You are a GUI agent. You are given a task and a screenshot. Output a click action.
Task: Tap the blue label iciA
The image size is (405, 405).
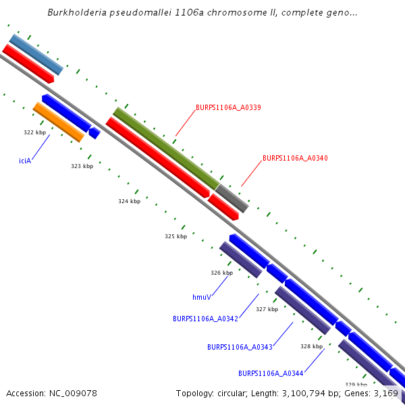[x=25, y=161]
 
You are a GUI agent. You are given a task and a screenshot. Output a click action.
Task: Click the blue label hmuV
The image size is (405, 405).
[x=202, y=296]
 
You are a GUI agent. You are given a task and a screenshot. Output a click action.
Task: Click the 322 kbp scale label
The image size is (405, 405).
[x=34, y=132]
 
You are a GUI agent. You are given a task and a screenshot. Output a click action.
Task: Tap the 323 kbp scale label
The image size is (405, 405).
[x=82, y=166]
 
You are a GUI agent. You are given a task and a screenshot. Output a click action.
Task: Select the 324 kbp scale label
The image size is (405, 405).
[x=129, y=201]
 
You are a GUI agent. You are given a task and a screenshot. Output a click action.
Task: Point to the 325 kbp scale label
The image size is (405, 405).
[x=175, y=236]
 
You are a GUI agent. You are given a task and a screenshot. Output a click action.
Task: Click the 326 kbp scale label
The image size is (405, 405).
[x=221, y=273]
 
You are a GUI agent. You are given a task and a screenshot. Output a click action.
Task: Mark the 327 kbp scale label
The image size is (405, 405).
[x=267, y=309]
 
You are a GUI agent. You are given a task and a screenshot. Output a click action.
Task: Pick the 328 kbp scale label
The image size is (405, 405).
[x=311, y=346]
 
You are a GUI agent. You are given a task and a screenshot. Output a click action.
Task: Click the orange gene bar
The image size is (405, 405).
[x=59, y=122]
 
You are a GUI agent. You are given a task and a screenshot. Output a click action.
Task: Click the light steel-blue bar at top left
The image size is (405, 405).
[x=36, y=54]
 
